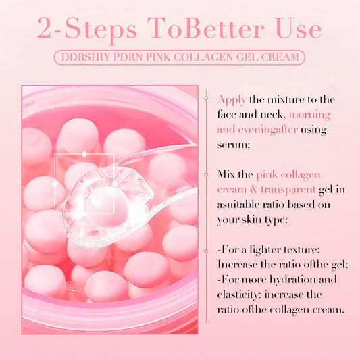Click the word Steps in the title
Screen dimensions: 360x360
(x=101, y=28)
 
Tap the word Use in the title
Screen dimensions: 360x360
(x=299, y=28)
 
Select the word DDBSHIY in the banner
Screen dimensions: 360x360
(x=86, y=57)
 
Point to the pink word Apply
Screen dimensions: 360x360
(x=232, y=101)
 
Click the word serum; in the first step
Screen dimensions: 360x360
(x=234, y=145)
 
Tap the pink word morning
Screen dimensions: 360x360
(x=309, y=115)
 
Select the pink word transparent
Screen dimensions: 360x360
(x=288, y=190)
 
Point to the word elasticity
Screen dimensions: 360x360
(x=239, y=295)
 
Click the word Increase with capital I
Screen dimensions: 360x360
(x=237, y=265)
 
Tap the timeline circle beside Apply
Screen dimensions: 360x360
(x=206, y=98)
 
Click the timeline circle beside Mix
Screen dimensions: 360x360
(x=206, y=175)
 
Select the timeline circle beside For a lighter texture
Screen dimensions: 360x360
(x=206, y=251)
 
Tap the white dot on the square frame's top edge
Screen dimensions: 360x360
(x=84, y=154)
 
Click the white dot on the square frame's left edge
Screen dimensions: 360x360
(x=55, y=184)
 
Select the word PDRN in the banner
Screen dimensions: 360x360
(x=128, y=57)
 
